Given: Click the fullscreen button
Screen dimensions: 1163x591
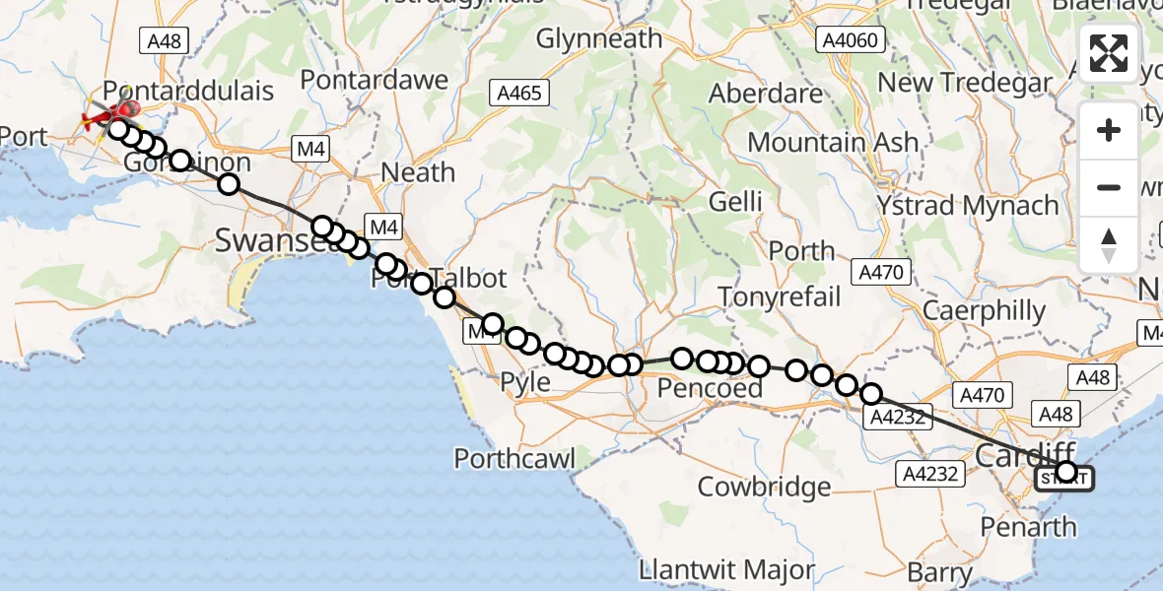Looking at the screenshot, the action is (1109, 53).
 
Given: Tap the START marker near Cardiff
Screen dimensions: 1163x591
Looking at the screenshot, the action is (1064, 479).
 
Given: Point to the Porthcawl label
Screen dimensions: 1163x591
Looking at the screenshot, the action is (514, 458).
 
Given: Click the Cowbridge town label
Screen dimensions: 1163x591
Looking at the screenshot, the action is (764, 487).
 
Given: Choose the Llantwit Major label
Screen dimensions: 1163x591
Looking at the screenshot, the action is (727, 569).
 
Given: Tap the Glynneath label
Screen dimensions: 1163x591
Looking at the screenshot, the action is (599, 39).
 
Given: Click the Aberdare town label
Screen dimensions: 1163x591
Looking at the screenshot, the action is (766, 94).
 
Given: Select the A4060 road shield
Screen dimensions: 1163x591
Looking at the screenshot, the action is (852, 39).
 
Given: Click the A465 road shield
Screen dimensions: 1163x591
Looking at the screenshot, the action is (516, 94).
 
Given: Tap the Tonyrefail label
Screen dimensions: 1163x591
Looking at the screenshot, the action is (780, 296).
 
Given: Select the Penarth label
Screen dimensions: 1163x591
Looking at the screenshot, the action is (1029, 526).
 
